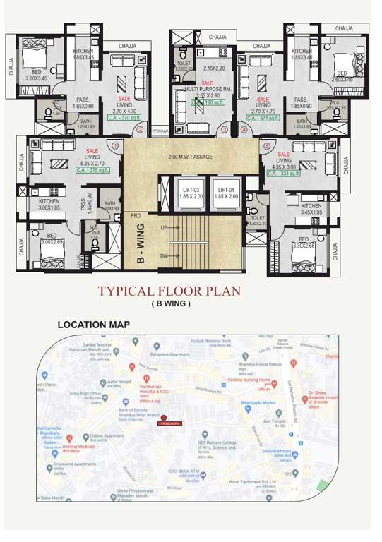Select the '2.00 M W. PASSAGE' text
pyautogui.click(x=190, y=156)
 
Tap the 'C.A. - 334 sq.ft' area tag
pyautogui.click(x=286, y=171)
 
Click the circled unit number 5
pyautogui.click(x=266, y=147)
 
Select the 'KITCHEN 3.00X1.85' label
pyautogui.click(x=53, y=204)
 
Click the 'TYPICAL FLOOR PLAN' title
pyautogui.click(x=169, y=291)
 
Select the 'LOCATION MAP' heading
pyautogui.click(x=92, y=325)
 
